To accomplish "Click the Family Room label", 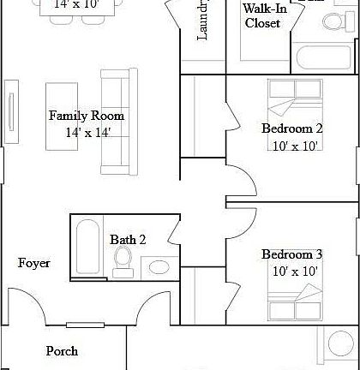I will (x=86, y=116).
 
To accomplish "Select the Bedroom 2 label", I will (x=291, y=128).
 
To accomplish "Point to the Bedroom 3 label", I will (x=291, y=254).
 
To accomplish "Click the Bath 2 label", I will (x=128, y=240).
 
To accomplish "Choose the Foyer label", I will (x=34, y=263).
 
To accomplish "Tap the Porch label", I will (x=62, y=350).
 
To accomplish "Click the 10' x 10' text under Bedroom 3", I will (x=291, y=272).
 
